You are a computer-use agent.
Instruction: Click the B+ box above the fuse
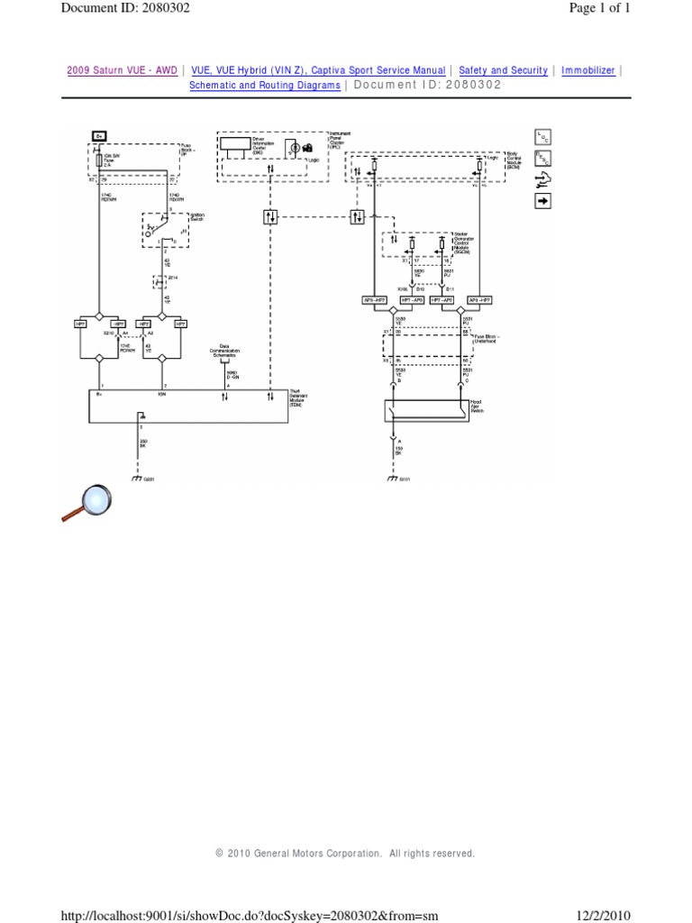(99, 136)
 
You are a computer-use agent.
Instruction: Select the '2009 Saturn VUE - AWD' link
(123, 70)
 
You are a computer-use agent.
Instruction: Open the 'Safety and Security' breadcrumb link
(503, 70)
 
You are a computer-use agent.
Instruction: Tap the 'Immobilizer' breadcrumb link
(587, 70)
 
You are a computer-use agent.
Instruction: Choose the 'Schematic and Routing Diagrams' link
(265, 85)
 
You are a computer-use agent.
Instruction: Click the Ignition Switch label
(196, 217)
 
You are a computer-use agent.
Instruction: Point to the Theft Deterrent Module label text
(297, 400)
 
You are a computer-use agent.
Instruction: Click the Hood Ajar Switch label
(476, 406)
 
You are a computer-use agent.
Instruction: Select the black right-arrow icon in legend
(542, 201)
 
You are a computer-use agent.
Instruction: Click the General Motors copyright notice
(346, 853)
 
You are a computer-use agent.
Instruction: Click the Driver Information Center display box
(235, 142)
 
